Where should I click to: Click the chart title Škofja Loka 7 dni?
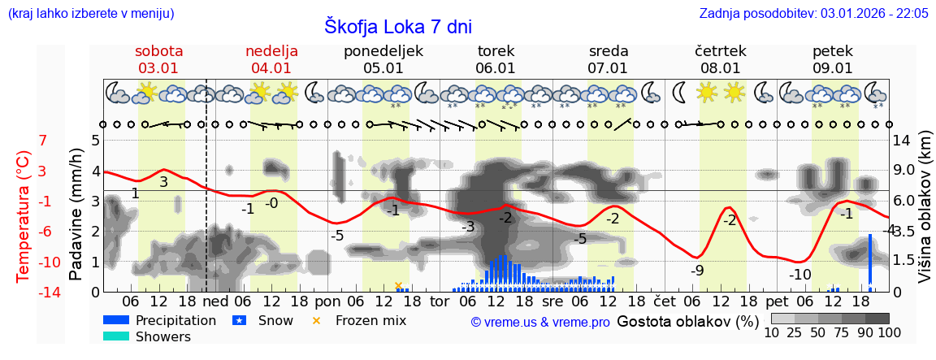[x=397, y=26]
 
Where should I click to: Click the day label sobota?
[x=158, y=51]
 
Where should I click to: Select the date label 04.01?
[x=271, y=68]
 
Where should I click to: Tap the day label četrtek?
[x=720, y=51]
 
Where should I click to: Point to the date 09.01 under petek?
[x=832, y=68]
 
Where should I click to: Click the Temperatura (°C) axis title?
[x=24, y=216]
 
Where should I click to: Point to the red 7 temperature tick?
[x=43, y=141]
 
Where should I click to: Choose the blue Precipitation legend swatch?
[x=116, y=320]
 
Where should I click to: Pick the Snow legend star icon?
[x=239, y=320]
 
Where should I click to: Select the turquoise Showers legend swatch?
[x=116, y=336]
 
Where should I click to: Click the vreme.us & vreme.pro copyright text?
[x=539, y=322]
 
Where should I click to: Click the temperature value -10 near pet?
[x=799, y=275]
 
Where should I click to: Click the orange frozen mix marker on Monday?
[x=398, y=285]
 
